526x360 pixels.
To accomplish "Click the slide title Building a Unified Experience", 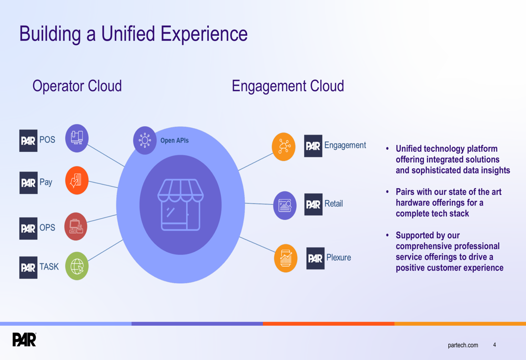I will (133, 34).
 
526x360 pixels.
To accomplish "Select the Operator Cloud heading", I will (77, 86).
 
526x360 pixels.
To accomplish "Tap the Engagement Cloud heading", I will (288, 86).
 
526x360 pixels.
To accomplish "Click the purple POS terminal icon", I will (77, 138).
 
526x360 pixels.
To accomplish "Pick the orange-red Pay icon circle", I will (77, 180).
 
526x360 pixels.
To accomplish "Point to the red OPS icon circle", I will (76, 227).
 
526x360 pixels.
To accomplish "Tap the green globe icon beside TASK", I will (77, 266).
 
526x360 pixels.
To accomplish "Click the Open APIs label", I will (174, 140).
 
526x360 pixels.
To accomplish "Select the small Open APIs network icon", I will (145, 140).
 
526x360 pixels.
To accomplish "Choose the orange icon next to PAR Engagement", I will (284, 146).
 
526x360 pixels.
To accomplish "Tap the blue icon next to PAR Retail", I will (285, 205).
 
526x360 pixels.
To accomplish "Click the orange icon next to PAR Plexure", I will (286, 258).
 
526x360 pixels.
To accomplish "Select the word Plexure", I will (338, 258).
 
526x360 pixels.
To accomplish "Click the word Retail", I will (333, 203).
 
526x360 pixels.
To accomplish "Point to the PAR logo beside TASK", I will (28, 268).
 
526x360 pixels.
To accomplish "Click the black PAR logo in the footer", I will (25, 340).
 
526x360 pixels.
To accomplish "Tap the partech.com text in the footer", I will (463, 345).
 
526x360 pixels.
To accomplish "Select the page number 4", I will (494, 345).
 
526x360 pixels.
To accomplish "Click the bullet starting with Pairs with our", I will (448, 202).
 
